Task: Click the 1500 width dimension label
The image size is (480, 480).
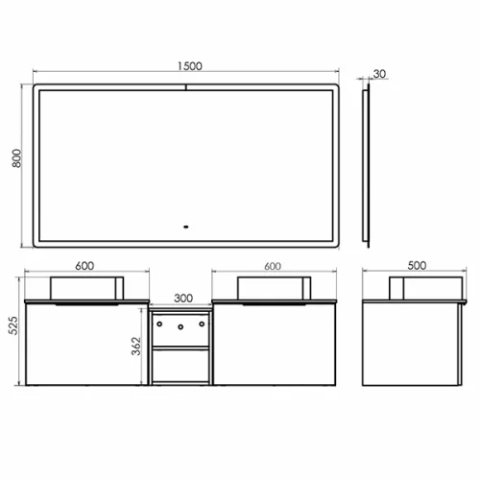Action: click(190, 66)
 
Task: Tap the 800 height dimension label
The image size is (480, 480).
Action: click(16, 158)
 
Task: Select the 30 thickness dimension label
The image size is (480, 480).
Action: click(379, 74)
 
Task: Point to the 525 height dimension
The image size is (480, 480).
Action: click(13, 325)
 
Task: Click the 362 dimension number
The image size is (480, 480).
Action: click(136, 346)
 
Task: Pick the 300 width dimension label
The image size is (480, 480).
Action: click(183, 299)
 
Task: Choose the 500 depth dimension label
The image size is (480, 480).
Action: click(417, 265)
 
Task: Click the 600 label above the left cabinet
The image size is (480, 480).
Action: click(84, 266)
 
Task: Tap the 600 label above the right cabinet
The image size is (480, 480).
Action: click(273, 266)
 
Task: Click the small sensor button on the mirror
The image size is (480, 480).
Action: click(185, 227)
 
